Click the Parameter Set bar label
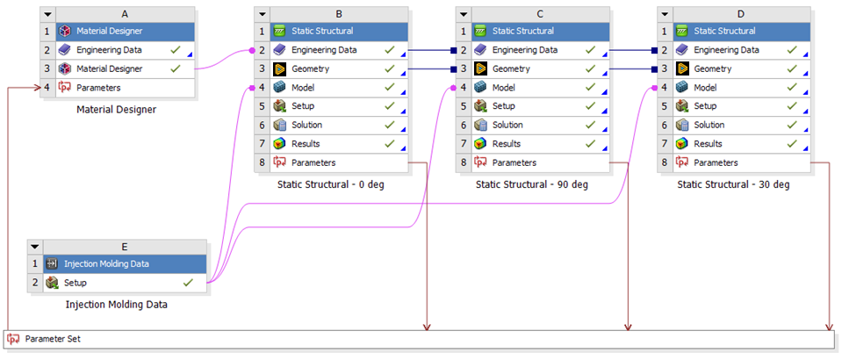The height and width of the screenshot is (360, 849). click(x=53, y=340)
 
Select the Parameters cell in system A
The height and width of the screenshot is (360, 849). click(x=125, y=88)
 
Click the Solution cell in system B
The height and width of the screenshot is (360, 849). click(x=339, y=125)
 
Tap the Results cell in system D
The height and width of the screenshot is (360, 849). click(x=741, y=144)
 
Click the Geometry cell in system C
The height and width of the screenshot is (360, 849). click(x=540, y=68)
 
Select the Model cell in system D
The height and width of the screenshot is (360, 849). click(x=741, y=88)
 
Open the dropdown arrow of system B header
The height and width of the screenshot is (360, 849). click(x=262, y=15)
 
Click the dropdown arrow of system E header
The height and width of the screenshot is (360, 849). click(x=34, y=247)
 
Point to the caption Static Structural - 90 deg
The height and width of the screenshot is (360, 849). click(x=532, y=184)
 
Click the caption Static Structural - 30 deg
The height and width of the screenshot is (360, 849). click(x=733, y=184)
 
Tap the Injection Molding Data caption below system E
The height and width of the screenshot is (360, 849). click(x=117, y=305)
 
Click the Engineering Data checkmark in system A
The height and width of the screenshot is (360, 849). click(x=175, y=50)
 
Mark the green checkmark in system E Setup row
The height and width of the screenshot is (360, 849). click(x=188, y=283)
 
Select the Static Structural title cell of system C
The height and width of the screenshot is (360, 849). click(x=540, y=32)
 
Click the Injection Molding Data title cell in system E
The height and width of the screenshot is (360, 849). click(x=125, y=264)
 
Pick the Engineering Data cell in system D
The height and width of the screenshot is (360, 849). click(x=741, y=50)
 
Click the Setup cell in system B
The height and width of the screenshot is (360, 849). click(x=339, y=106)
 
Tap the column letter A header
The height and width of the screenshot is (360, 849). click(x=125, y=15)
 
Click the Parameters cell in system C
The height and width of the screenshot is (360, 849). click(x=540, y=162)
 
